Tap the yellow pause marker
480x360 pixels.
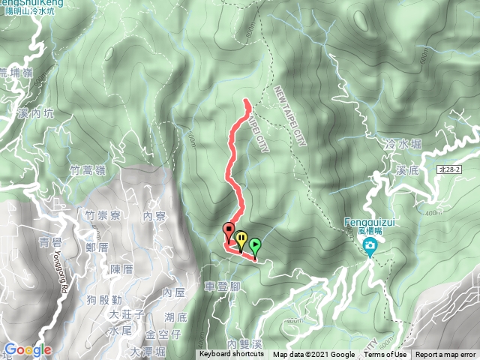[241, 239]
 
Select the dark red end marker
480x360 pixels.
[229, 231]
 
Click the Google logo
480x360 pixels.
[27, 350]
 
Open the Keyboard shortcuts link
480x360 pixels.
[232, 355]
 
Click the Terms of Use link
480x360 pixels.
[385, 355]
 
